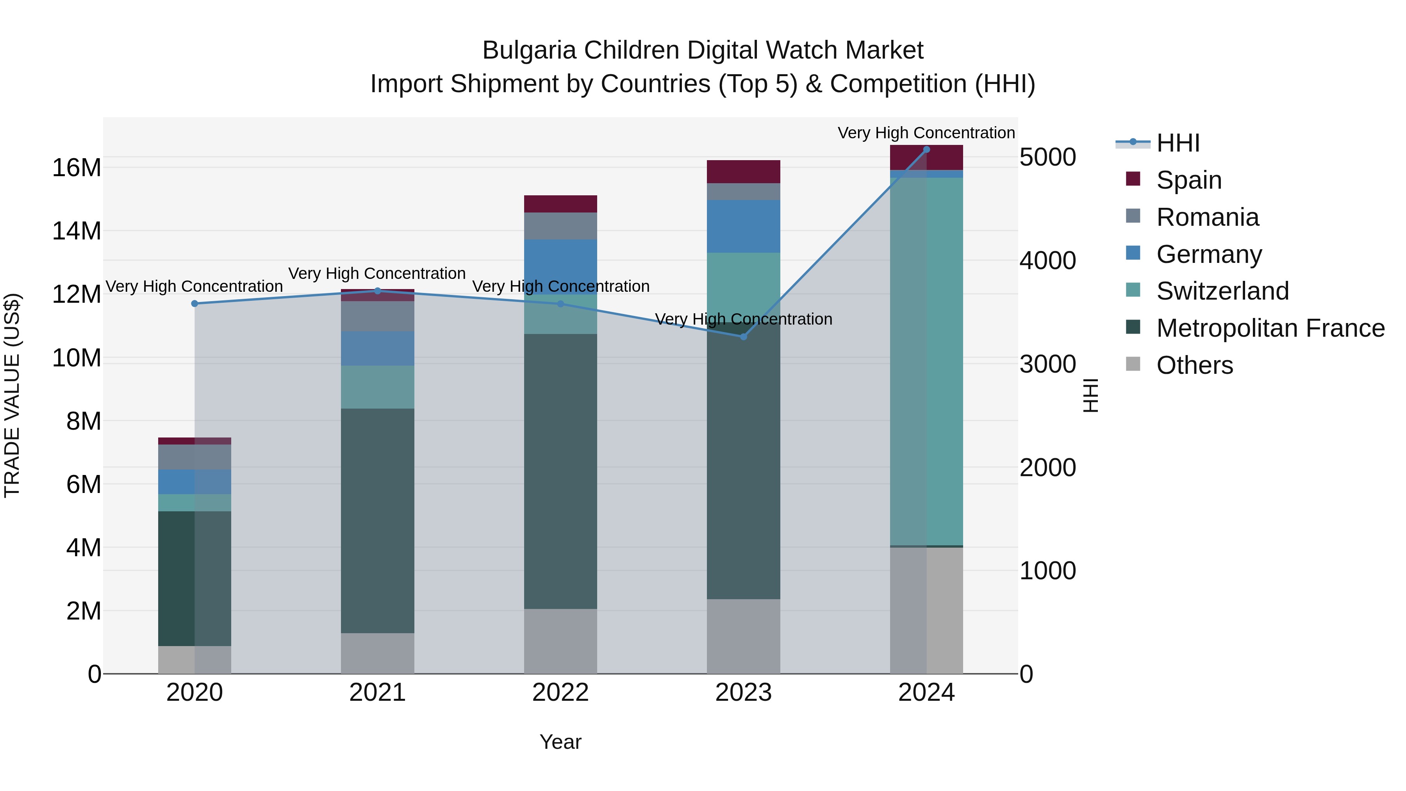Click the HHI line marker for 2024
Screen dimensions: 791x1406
(926, 150)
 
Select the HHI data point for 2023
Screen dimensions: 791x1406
(743, 337)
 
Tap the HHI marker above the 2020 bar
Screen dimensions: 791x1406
(195, 304)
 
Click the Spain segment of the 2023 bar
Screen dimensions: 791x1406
(743, 172)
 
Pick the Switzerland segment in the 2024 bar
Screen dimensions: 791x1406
(926, 360)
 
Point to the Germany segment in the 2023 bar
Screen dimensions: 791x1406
(743, 226)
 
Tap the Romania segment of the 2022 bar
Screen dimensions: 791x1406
(560, 226)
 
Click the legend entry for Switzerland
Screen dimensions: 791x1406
(1222, 291)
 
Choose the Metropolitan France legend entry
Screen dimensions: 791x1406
(1270, 328)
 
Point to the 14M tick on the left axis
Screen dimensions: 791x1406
(77, 231)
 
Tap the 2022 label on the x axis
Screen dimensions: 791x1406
(560, 693)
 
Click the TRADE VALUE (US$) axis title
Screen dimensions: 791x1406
(12, 395)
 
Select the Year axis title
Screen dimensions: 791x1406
(560, 742)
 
